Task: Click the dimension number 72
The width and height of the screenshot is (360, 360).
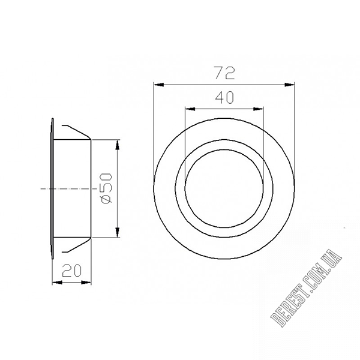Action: [x=224, y=73]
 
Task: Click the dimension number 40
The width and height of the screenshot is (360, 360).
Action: [x=224, y=97]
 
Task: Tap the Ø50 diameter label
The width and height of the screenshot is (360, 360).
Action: [x=106, y=188]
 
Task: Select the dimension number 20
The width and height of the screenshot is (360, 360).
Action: [x=71, y=270]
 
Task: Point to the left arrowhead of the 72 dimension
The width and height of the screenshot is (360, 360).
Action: [x=158, y=85]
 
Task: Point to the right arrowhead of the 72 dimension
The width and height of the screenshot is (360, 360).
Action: [x=290, y=85]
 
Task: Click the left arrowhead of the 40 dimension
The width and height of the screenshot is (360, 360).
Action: [x=190, y=109]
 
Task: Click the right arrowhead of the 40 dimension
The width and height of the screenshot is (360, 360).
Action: [x=258, y=109]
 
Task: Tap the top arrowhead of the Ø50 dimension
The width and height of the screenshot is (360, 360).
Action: [x=118, y=145]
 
